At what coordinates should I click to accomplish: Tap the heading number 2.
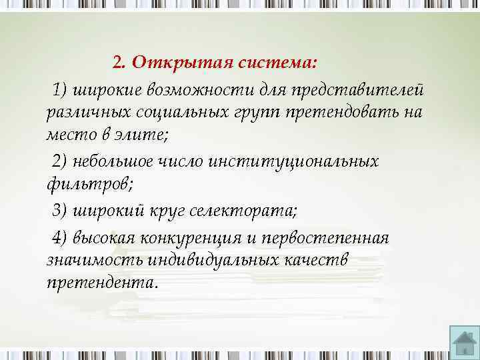[119, 63]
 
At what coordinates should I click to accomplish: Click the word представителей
[361, 89]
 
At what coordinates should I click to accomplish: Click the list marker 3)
[60, 211]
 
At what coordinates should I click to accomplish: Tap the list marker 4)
[60, 239]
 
